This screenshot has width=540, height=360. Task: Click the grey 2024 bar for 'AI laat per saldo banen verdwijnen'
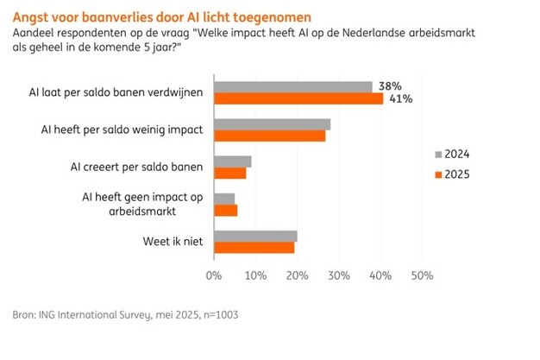pyautogui.click(x=292, y=86)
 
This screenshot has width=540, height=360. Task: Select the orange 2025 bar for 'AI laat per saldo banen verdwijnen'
pyautogui.click(x=298, y=98)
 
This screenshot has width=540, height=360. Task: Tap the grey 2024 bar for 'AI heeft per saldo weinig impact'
pyautogui.click(x=272, y=123)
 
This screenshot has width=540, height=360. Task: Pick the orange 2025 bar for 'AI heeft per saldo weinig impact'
pyautogui.click(x=269, y=136)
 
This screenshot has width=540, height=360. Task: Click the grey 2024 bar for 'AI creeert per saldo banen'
pyautogui.click(x=232, y=161)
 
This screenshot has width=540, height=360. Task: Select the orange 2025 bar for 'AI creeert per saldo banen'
pyautogui.click(x=229, y=173)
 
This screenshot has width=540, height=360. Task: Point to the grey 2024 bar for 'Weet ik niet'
pyautogui.click(x=255, y=236)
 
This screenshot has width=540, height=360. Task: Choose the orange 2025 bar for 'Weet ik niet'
pyautogui.click(x=254, y=248)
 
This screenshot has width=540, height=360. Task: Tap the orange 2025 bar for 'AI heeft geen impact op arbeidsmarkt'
pyautogui.click(x=225, y=210)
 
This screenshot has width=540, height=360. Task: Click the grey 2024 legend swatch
pyautogui.click(x=437, y=155)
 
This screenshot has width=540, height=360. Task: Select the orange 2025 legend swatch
pyautogui.click(x=437, y=174)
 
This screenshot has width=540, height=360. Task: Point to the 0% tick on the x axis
pyautogui.click(x=214, y=276)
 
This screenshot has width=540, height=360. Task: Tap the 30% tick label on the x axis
pyautogui.click(x=338, y=276)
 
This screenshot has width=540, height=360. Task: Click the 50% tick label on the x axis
pyautogui.click(x=421, y=276)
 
